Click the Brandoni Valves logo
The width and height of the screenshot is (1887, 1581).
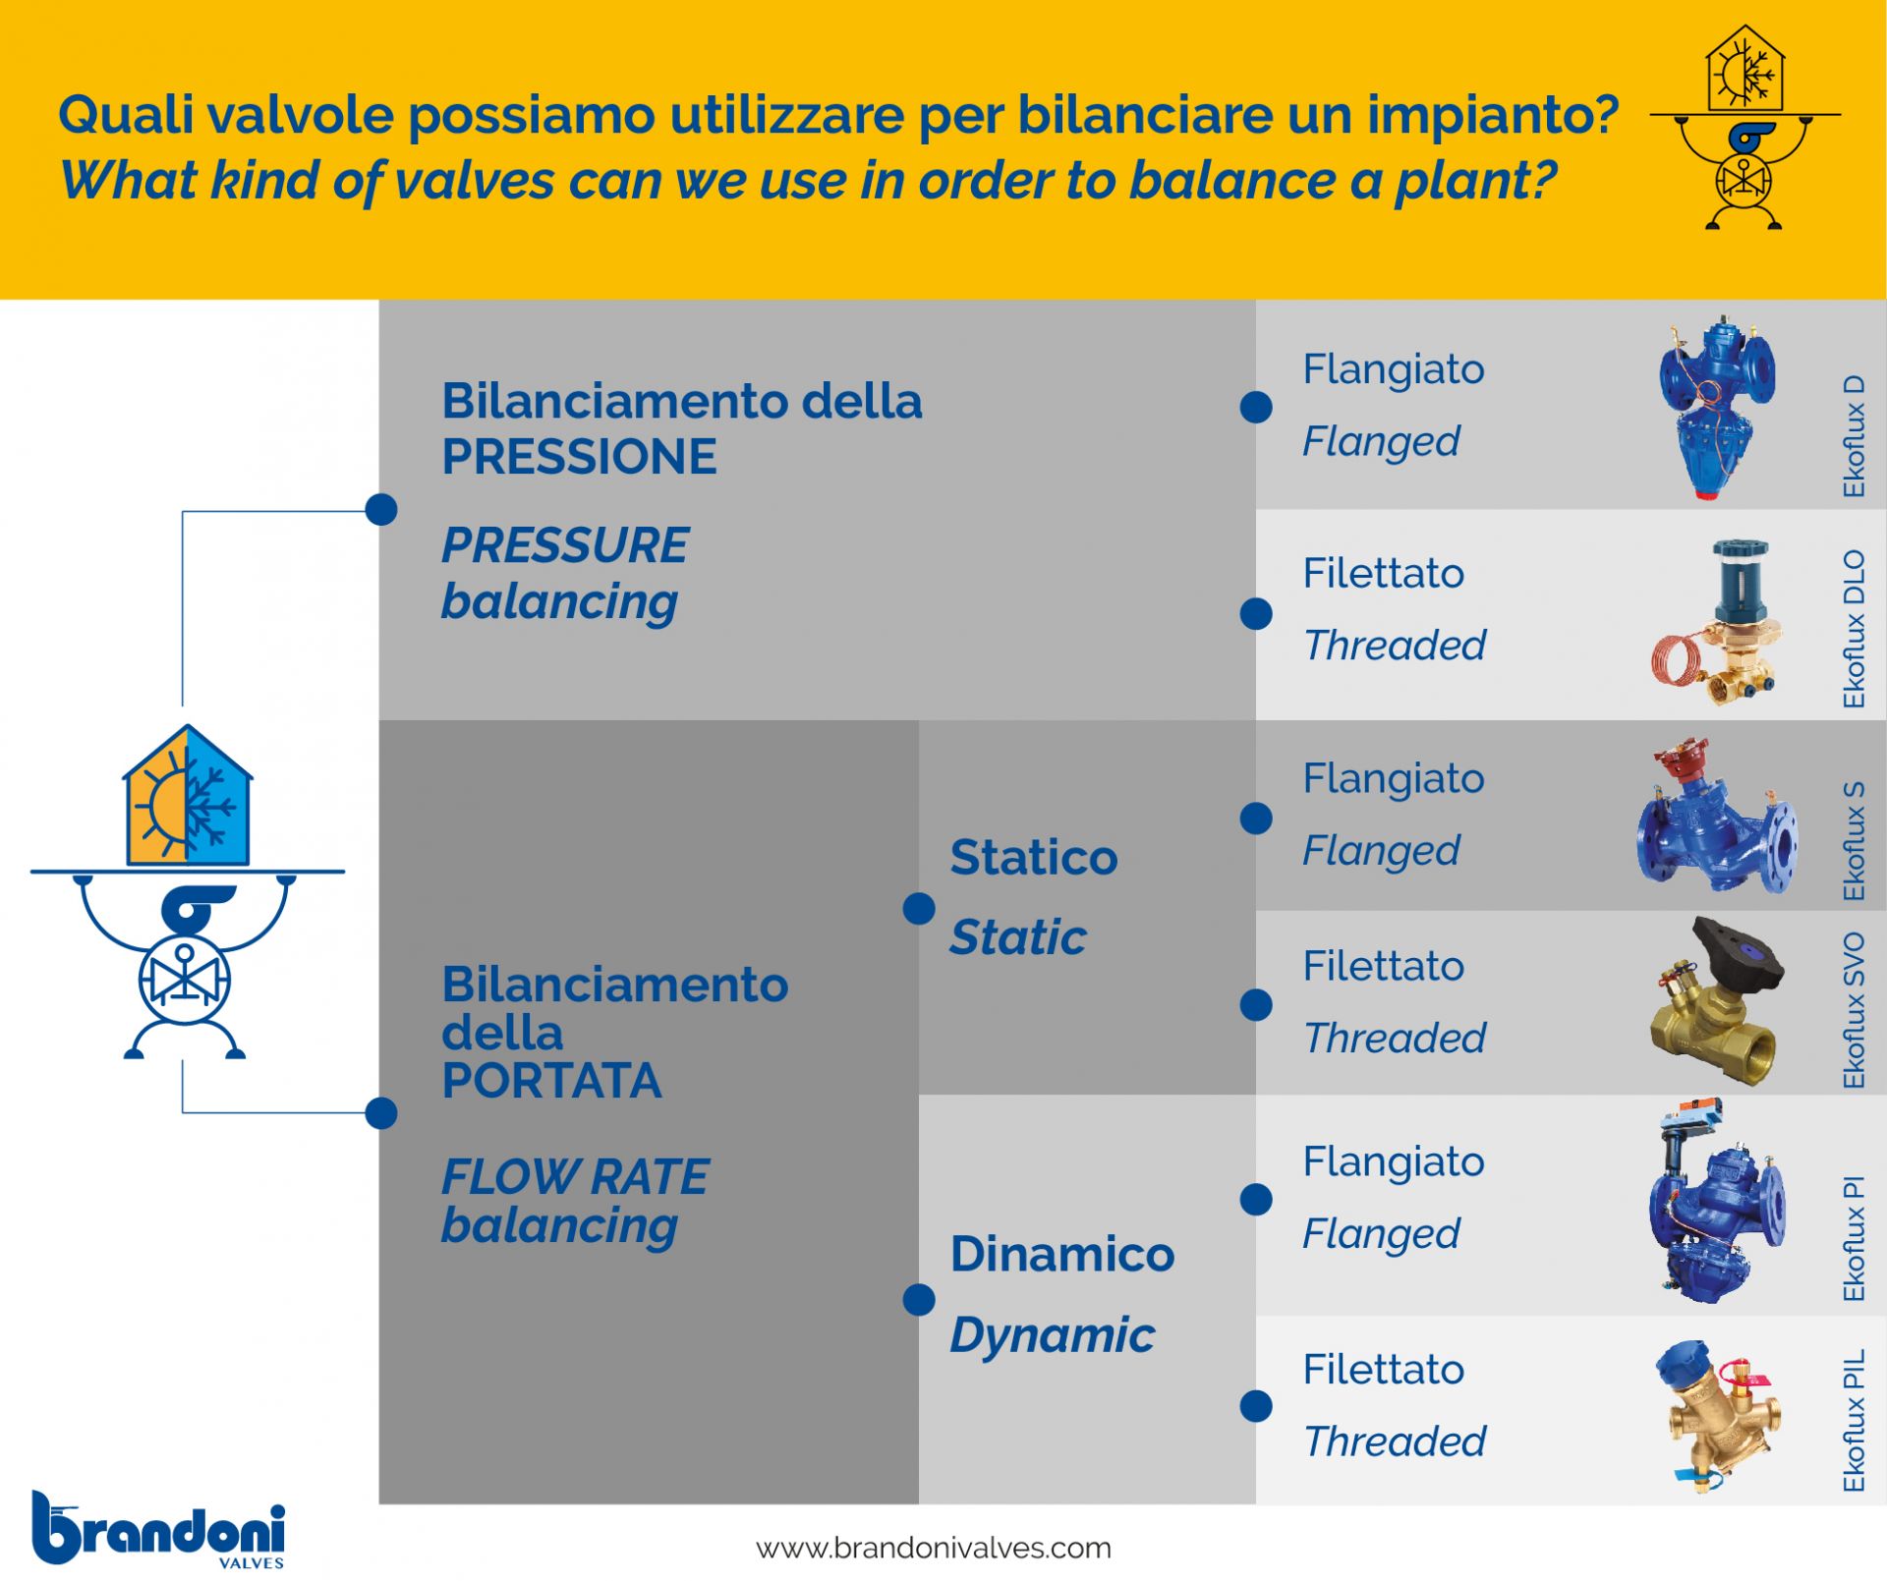coord(158,1529)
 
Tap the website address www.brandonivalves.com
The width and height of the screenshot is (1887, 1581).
coord(933,1548)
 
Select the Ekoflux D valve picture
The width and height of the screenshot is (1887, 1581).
coord(1716,407)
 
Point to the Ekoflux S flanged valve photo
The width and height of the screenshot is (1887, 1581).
coord(1717,816)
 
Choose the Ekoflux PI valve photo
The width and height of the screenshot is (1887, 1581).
coord(1717,1201)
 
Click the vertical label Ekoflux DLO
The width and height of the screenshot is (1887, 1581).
coord(1854,629)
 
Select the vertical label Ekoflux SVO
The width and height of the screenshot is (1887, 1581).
coord(1854,1010)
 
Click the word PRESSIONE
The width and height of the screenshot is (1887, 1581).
coord(579,457)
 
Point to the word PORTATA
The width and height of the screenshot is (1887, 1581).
coord(551,1081)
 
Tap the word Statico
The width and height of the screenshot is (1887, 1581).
coord(1034,858)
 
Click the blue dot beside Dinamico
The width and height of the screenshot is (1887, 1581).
coord(919,1300)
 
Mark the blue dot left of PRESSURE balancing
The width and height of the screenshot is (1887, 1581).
coord(381,510)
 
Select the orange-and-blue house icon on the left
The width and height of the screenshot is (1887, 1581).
coord(188,797)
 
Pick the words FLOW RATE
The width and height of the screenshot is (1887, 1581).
coord(575,1177)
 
